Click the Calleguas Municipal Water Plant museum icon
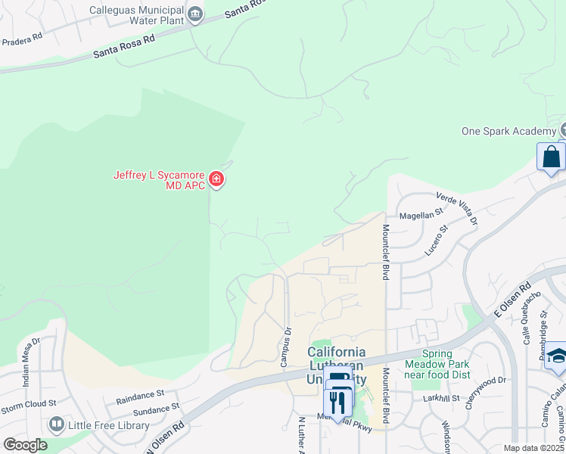pos(196,14)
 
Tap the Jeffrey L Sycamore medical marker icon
pos(216,179)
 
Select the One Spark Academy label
pos(508,131)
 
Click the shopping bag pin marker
pos(551,157)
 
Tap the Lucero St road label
pos(437,239)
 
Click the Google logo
pos(24,445)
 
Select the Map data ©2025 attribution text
pos(533,448)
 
